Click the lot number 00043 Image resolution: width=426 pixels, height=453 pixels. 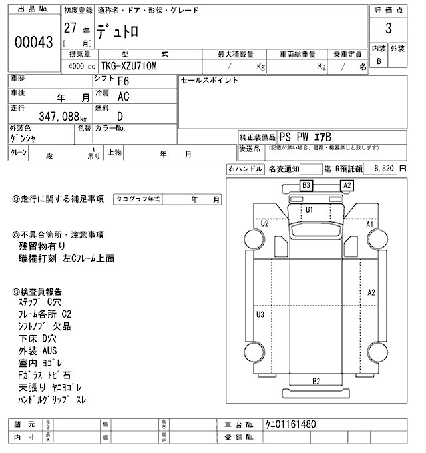point(33,42)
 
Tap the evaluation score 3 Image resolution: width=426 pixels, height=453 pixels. point(387,29)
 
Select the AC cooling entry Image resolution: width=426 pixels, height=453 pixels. point(123,97)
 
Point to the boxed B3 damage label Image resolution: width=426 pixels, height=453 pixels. point(306,185)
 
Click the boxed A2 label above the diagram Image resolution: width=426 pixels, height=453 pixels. point(347,185)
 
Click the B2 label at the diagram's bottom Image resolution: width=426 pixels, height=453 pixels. point(316,381)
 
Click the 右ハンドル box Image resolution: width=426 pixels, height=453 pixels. point(245,169)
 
